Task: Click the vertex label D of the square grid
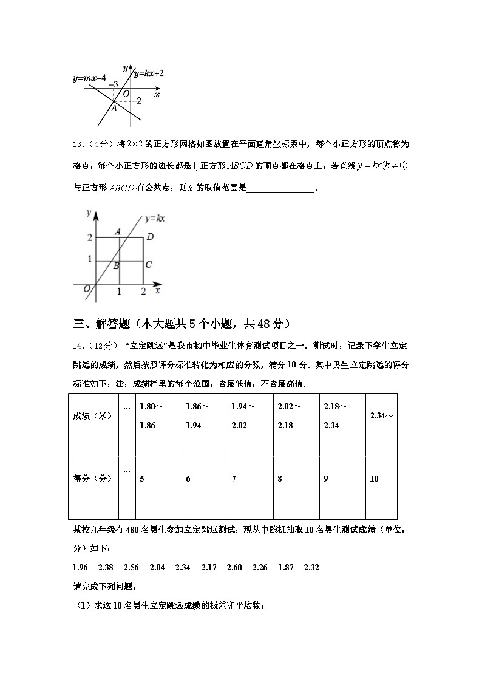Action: (150, 237)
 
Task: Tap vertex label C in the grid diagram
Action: (148, 265)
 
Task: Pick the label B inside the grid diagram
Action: (115, 265)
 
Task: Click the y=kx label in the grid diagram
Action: (155, 218)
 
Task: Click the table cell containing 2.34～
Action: (381, 416)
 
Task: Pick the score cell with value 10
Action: (374, 479)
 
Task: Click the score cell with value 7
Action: (234, 479)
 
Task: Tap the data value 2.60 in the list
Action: (234, 567)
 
